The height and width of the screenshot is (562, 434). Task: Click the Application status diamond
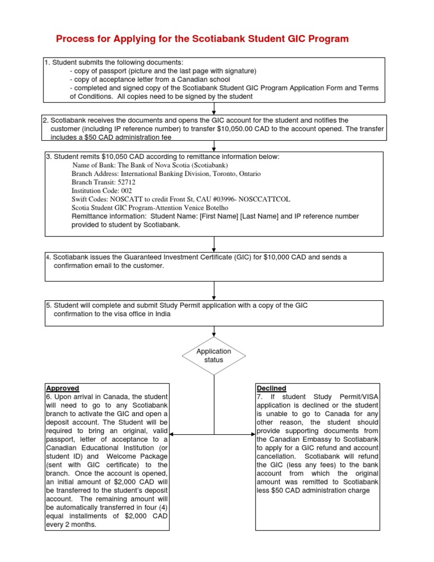tap(214, 356)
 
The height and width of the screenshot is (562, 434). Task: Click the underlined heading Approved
tap(62, 388)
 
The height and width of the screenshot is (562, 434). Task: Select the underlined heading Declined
tap(271, 388)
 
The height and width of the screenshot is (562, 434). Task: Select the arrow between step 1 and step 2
tap(214, 111)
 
